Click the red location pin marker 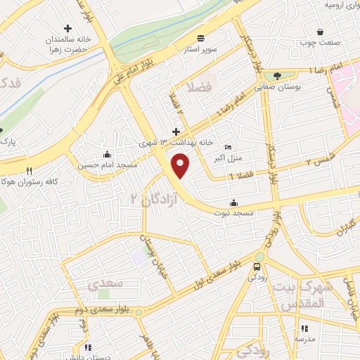(181, 166)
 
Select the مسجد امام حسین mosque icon (107, 155)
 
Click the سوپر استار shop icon (201, 38)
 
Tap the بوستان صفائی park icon (277, 76)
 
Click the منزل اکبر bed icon (227, 147)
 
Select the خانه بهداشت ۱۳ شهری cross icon (176, 131)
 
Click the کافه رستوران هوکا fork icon (30, 171)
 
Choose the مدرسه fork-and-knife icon (304, 328)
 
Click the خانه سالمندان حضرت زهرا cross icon (67, 29)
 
